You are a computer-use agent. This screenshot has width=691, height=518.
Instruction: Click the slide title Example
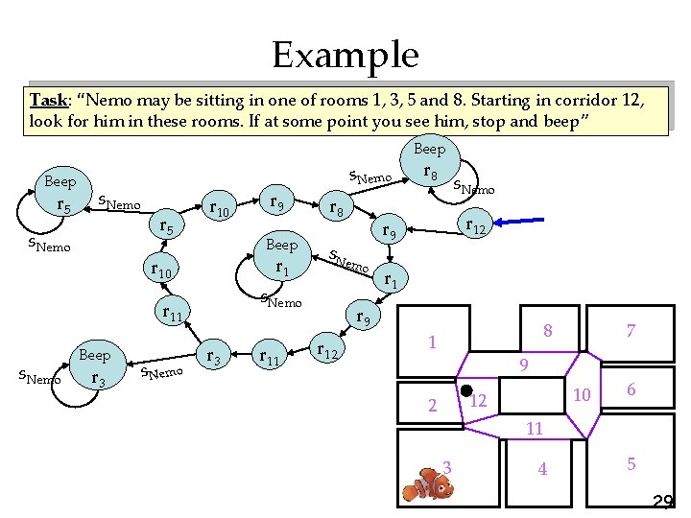point(345,55)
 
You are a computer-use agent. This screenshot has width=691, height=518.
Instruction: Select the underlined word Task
point(47,100)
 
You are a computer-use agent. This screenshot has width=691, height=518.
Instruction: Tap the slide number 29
point(662,501)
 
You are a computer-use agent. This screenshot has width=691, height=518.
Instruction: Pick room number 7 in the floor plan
point(631,331)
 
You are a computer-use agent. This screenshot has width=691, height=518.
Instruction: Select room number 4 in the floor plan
point(542,469)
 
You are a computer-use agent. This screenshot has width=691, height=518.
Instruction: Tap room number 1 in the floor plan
point(433,341)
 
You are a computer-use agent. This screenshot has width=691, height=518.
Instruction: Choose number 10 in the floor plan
point(581,394)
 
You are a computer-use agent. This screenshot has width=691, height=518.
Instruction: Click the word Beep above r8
point(429,149)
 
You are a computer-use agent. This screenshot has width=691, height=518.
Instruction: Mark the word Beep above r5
point(60,181)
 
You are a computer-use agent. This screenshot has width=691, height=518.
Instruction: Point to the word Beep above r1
point(281,245)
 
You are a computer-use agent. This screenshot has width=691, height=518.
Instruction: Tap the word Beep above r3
point(94,355)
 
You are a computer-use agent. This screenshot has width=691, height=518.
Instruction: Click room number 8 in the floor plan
point(547,331)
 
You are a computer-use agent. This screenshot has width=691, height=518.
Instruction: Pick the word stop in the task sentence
point(500,123)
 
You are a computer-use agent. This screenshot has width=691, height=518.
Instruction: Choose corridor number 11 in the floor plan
point(536,428)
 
